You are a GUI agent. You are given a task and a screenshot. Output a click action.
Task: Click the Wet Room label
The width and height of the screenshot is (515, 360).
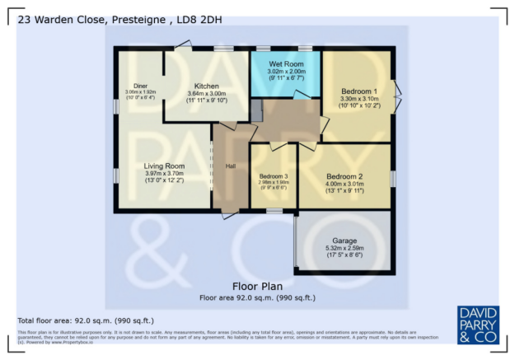click(286, 64)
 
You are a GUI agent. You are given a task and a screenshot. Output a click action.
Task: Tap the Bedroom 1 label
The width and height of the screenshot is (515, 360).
click(359, 91)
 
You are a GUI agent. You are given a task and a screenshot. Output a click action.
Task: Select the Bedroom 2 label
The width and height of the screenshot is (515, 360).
click(344, 176)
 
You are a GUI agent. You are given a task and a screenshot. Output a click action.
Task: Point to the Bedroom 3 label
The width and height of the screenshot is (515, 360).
click(274, 176)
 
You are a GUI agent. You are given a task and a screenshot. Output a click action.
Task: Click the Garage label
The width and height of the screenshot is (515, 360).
click(344, 241)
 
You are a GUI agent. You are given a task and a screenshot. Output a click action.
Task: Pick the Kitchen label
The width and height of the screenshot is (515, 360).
click(206, 86)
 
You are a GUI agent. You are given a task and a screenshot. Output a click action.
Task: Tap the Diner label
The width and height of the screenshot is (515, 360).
click(141, 86)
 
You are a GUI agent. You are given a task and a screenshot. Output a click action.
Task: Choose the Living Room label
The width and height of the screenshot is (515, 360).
click(164, 166)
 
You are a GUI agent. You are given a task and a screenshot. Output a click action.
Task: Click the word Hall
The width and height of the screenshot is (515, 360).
click(231, 166)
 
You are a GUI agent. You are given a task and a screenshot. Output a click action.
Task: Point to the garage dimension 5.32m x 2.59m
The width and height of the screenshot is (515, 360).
click(344, 248)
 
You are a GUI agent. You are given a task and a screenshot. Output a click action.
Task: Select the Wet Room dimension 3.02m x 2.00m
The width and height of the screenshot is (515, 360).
click(286, 72)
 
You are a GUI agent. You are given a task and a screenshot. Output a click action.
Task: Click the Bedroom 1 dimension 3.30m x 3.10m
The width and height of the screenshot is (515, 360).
click(359, 99)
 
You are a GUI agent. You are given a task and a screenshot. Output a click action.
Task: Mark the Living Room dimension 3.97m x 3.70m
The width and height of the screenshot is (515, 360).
click(164, 174)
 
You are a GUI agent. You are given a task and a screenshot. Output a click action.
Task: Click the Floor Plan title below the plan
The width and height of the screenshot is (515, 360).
click(257, 287)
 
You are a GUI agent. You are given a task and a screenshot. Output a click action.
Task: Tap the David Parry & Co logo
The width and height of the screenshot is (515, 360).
click(477, 324)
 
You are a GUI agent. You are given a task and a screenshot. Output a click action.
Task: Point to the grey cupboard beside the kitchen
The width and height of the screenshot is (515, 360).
click(256, 110)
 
